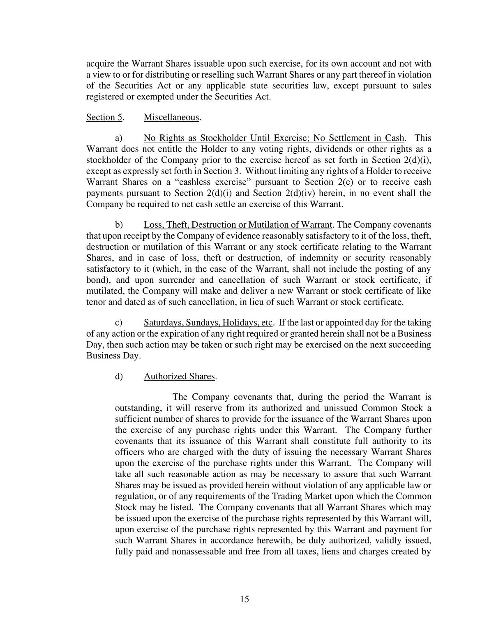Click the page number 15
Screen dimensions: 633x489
pyautogui.click(x=244, y=599)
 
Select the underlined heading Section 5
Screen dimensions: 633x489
pyautogui.click(x=104, y=117)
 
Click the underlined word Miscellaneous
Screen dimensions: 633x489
pyautogui.click(x=171, y=117)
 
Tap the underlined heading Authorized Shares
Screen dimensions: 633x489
pyautogui.click(x=179, y=376)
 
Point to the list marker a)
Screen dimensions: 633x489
pyautogui.click(x=118, y=138)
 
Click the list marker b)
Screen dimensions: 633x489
pyautogui.click(x=119, y=225)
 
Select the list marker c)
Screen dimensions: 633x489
pyautogui.click(x=118, y=322)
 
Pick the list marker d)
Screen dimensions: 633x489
pyautogui.click(x=119, y=376)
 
